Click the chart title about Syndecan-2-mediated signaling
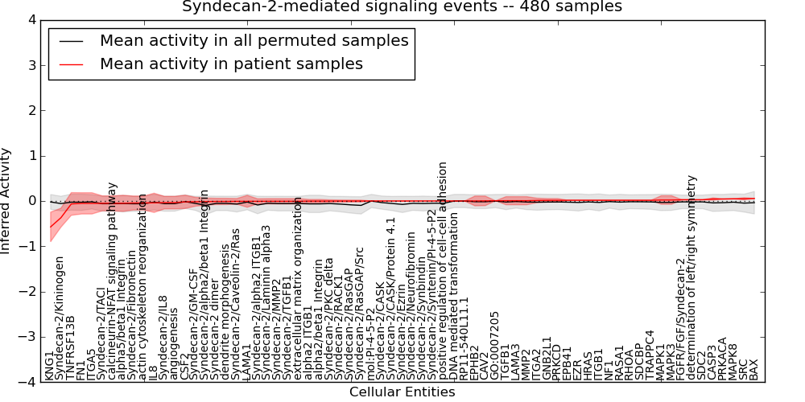tap(402, 6)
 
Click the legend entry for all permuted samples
tap(254, 40)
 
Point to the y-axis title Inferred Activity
tap(6, 201)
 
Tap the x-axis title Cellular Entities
tap(402, 392)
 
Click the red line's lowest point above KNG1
tap(50, 227)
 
